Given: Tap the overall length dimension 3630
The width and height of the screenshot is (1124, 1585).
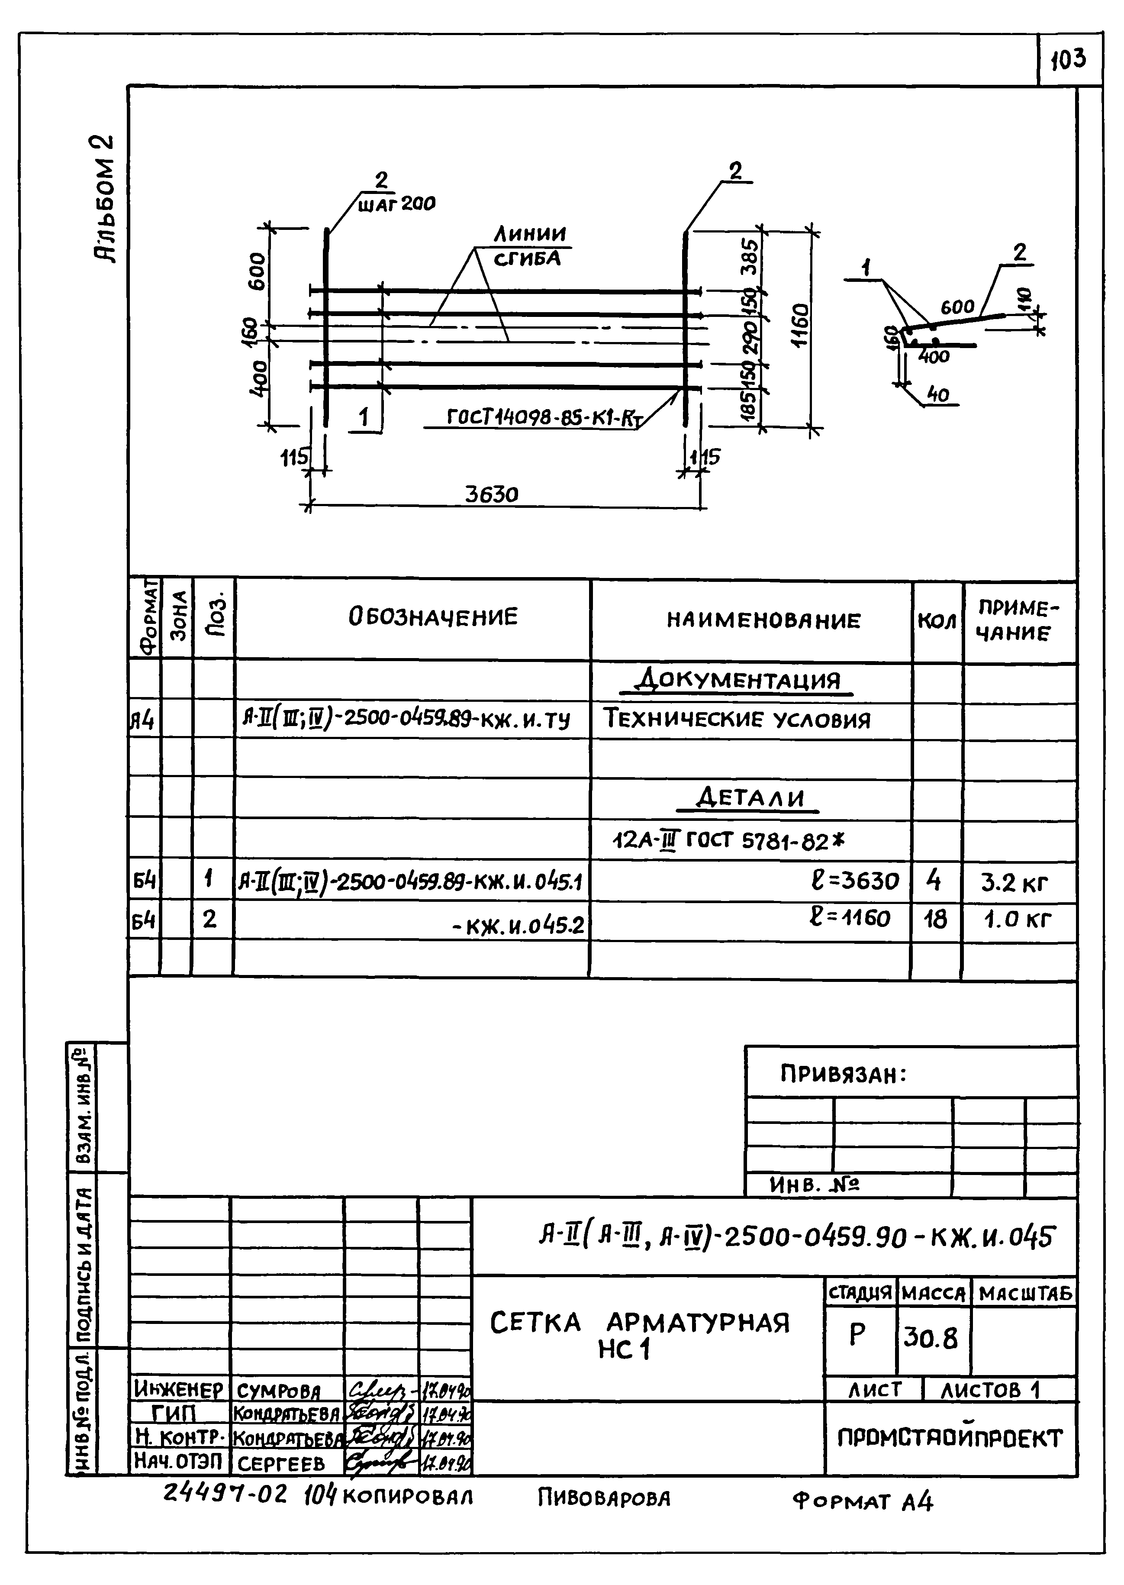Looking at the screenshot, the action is [x=491, y=494].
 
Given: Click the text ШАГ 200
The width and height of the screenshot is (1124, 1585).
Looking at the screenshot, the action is [x=396, y=203].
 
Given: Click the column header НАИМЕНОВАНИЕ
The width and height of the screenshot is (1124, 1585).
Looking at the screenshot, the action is [x=764, y=620].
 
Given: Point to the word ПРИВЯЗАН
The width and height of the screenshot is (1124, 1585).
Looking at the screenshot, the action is [x=843, y=1074].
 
